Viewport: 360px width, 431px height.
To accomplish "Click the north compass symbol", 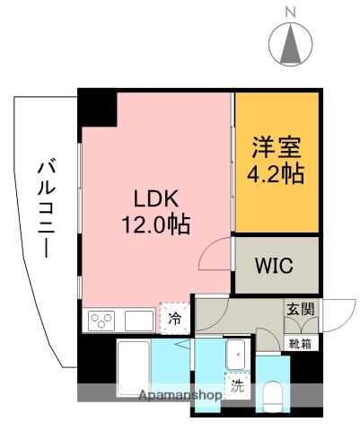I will click(291, 42).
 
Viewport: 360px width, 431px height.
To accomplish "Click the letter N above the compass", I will click(291, 11).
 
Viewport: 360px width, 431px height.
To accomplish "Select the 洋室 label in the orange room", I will click(277, 146).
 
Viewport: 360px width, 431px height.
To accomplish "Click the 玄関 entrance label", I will click(299, 309).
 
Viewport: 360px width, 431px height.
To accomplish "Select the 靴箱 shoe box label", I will click(299, 343).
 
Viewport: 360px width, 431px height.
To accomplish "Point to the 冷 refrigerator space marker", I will click(174, 318).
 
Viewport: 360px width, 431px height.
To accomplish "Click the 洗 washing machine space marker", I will click(237, 388).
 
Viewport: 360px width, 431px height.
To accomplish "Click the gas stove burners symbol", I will click(102, 319).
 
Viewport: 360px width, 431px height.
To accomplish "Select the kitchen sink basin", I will click(139, 320).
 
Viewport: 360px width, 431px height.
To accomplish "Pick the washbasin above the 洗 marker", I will click(236, 354).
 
